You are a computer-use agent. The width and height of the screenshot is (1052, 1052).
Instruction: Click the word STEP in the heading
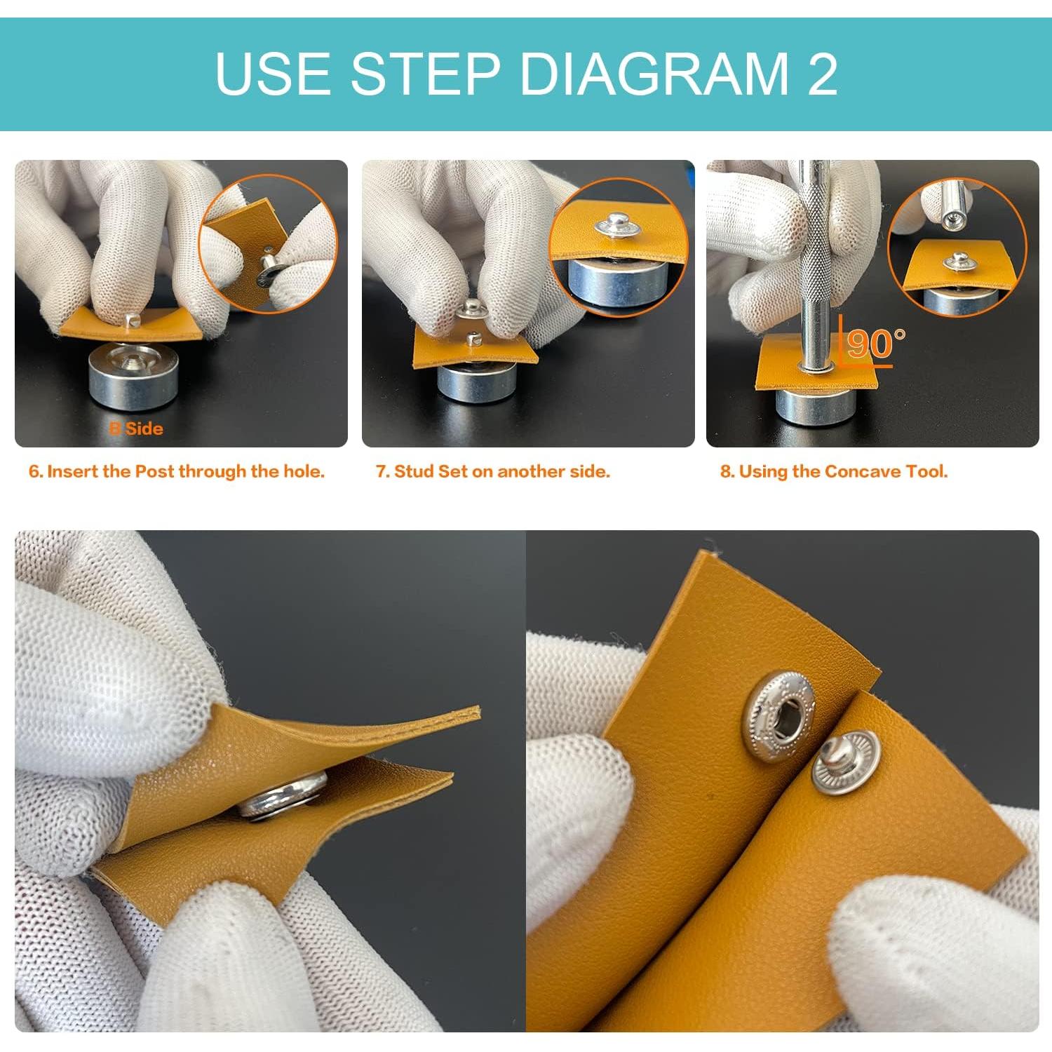tap(425, 74)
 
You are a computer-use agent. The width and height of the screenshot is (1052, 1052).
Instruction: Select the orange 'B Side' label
tap(136, 429)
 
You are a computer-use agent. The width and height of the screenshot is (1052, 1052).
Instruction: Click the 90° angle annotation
tap(874, 343)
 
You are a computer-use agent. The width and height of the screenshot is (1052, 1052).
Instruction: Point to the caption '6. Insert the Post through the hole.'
tap(177, 471)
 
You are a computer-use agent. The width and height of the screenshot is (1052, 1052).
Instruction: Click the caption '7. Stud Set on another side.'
tap(493, 471)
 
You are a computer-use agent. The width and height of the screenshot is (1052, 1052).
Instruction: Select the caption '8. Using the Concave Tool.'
tap(834, 471)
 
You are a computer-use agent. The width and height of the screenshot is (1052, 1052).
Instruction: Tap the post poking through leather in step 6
tap(131, 321)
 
